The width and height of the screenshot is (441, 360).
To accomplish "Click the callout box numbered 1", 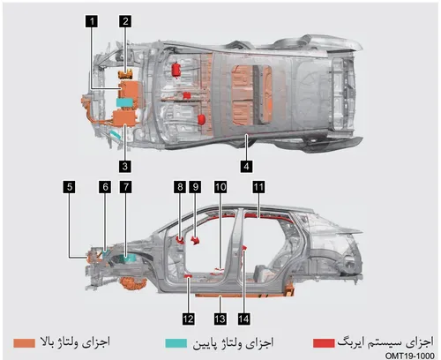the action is click(x=92, y=21).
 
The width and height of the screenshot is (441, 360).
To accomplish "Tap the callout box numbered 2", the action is click(x=125, y=21).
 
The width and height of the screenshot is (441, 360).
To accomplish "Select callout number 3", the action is click(x=125, y=166).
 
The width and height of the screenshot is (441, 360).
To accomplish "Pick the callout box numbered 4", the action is click(x=246, y=167).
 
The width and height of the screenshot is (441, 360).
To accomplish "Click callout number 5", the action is click(x=70, y=187).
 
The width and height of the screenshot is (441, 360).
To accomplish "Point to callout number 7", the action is click(x=126, y=187).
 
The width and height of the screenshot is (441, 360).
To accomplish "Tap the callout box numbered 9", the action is click(x=196, y=187).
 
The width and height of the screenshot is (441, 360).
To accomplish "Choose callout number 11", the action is click(x=258, y=187).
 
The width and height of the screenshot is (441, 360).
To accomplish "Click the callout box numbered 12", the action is click(x=188, y=319).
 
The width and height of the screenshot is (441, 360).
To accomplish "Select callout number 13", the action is click(x=220, y=319).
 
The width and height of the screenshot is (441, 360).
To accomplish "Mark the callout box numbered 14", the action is click(x=244, y=319).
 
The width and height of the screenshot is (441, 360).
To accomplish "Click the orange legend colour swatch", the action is click(x=25, y=343).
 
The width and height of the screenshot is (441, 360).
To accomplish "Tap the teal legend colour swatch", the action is click(x=176, y=343).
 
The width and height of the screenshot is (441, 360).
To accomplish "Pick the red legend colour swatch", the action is click(x=324, y=343).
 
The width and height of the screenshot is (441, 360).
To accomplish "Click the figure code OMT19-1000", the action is click(x=409, y=356).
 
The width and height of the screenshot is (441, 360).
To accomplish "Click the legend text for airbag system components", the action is click(x=385, y=342).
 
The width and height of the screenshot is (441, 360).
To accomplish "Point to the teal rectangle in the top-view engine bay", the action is click(x=125, y=102).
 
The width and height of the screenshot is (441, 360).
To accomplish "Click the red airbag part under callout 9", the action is click(x=194, y=240).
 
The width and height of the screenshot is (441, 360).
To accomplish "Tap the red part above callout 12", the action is click(x=188, y=276).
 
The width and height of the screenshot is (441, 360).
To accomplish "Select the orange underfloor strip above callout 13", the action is click(x=240, y=296).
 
